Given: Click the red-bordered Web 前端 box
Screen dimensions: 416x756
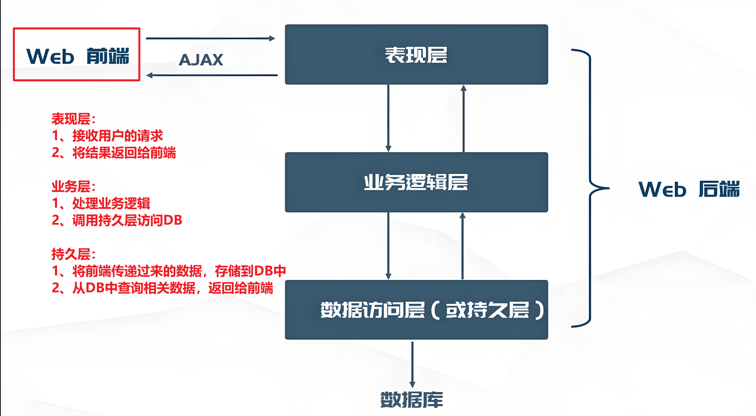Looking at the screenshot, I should [x=77, y=55].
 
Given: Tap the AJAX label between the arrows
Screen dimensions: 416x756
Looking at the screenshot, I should [x=201, y=60].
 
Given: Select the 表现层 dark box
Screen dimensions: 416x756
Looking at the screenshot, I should [x=416, y=55].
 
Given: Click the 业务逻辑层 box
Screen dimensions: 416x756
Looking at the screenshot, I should [x=416, y=182].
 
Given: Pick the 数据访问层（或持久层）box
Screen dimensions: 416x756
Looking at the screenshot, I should [x=416, y=310].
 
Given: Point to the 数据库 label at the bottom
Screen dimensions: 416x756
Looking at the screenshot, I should [x=411, y=400].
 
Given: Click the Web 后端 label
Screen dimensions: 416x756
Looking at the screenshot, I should [x=689, y=189].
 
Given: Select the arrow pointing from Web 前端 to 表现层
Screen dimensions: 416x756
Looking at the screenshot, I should [x=210, y=39].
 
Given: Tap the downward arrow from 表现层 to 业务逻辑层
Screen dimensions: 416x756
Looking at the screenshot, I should [x=388, y=118].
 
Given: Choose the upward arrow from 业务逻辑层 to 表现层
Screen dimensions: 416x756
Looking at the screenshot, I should [x=464, y=118].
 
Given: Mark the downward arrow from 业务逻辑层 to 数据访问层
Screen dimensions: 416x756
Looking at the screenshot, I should [x=388, y=246].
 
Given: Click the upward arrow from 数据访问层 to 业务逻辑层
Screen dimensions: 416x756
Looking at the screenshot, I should [x=463, y=246].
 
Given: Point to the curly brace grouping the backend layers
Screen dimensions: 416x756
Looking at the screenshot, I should [x=590, y=188].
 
